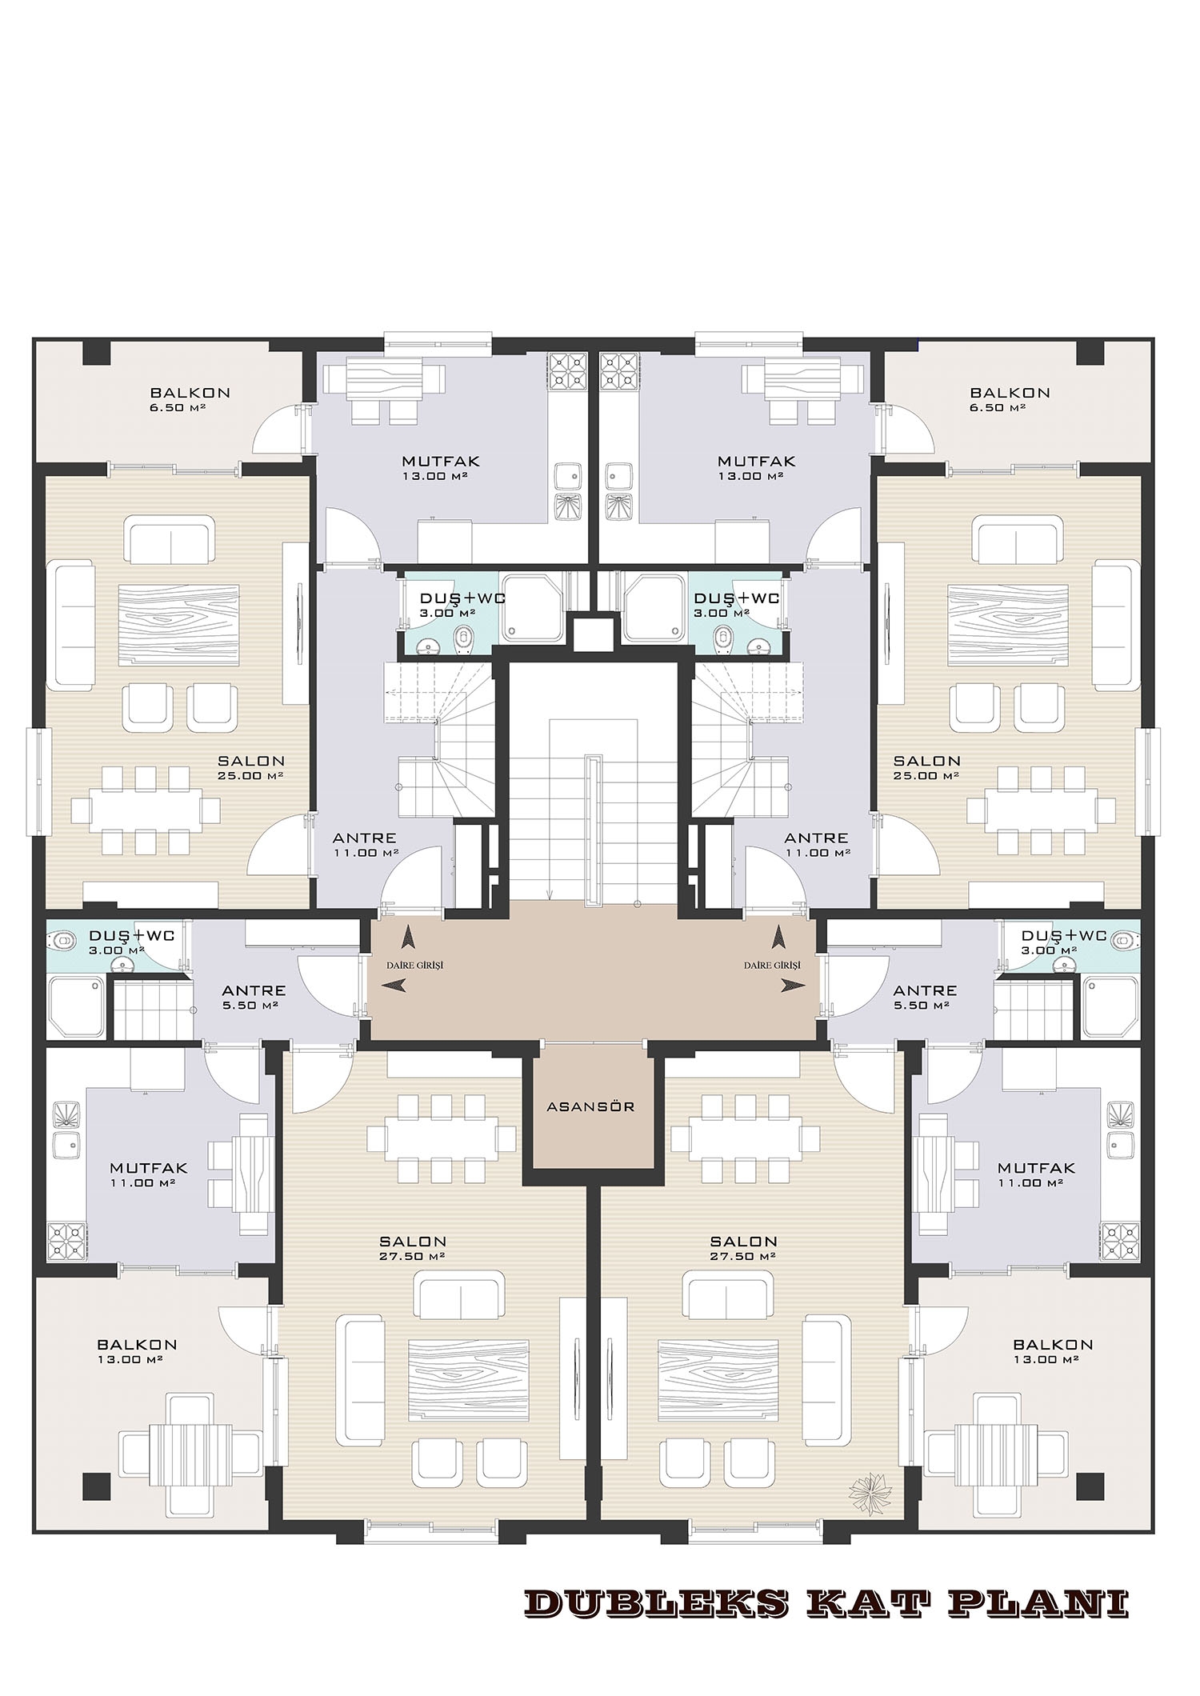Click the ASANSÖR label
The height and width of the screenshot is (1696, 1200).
click(x=590, y=1107)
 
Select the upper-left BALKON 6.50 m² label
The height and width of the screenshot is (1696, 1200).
click(x=190, y=399)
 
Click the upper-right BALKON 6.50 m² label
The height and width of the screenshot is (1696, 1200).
click(x=1010, y=399)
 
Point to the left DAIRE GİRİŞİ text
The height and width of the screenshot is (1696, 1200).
click(x=414, y=966)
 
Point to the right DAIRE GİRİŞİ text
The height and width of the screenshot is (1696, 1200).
click(x=772, y=966)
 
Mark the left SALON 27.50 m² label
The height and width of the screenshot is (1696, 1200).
click(x=413, y=1248)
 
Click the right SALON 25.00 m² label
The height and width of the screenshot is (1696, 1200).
click(x=926, y=767)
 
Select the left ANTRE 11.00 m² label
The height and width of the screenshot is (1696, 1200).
click(x=365, y=845)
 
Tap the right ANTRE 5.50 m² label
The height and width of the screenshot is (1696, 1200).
click(x=925, y=997)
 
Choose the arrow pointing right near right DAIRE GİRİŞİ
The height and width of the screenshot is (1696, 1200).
click(x=794, y=986)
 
